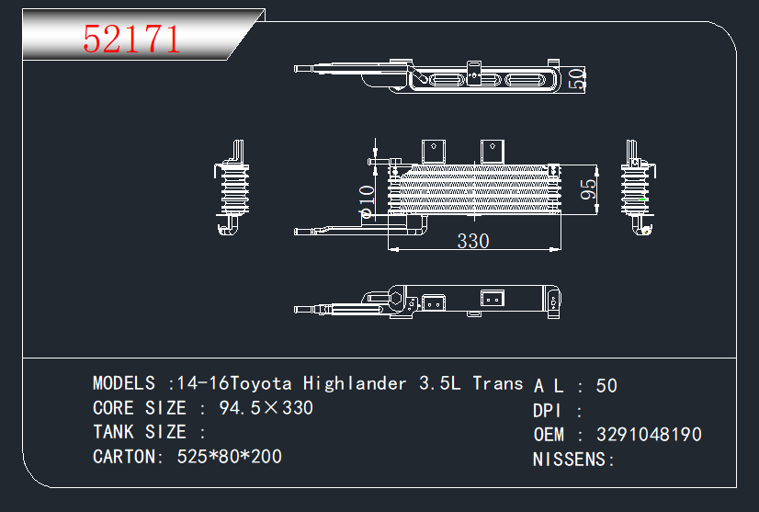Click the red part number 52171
tap(131, 40)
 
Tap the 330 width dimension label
tap(473, 241)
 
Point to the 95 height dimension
tap(589, 189)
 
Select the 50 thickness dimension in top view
tap(576, 79)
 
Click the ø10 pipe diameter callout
tap(367, 201)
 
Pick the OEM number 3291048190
tap(649, 435)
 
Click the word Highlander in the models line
tap(355, 383)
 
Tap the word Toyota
tap(261, 383)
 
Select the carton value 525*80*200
tap(230, 457)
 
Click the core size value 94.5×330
tap(266, 408)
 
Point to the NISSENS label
tap(569, 460)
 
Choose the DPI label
tap(546, 411)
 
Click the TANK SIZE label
tap(140, 432)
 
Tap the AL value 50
tap(606, 386)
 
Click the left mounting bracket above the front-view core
tap(433, 152)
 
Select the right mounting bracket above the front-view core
tap(493, 152)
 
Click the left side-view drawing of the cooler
tap(232, 188)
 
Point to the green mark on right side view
tap(642, 199)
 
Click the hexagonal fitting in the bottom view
tap(396, 299)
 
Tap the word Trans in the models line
tap(498, 383)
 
